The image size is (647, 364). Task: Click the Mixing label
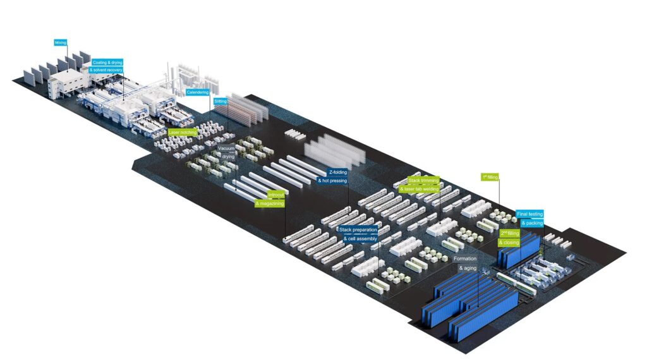[61, 42]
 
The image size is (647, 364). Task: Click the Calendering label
[198, 92]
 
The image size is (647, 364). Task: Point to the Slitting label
[221, 101]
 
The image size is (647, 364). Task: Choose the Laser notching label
[182, 132]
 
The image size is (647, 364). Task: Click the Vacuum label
[227, 149]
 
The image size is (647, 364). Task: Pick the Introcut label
[276, 195]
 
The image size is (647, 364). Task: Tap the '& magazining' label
[270, 203]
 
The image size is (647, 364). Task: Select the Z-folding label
[338, 172]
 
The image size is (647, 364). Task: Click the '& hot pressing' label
[332, 181]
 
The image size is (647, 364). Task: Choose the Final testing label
[529, 214]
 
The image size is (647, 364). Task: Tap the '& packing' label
[532, 222]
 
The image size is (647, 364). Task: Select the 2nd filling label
[510, 233]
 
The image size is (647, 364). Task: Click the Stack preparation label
[358, 230]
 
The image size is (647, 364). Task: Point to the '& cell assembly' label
[360, 238]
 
